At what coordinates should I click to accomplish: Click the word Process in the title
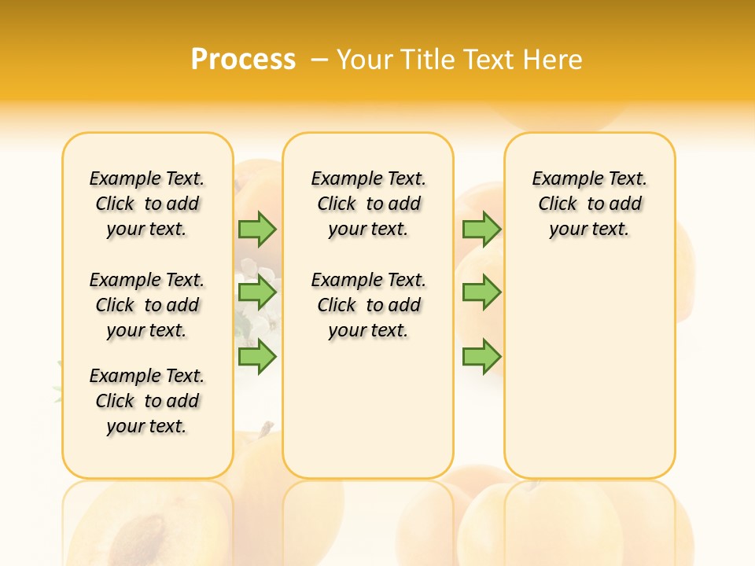tap(243, 59)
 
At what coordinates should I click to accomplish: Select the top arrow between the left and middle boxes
tap(257, 229)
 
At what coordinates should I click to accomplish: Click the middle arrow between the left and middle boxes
tap(257, 292)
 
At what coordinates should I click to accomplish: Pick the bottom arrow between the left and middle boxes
tap(257, 356)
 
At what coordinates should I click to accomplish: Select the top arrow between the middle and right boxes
tap(481, 229)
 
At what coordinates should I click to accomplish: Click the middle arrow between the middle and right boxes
tap(481, 292)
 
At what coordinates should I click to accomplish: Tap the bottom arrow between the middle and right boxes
tap(481, 356)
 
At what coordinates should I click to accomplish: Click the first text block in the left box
tap(147, 204)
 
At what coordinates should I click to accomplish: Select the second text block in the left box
tap(147, 305)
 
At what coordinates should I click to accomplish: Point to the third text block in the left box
tap(147, 401)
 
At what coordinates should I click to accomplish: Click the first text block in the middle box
tap(369, 204)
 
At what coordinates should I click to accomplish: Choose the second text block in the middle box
tap(369, 305)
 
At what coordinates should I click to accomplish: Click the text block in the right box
tap(590, 204)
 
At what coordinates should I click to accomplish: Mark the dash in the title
tap(319, 60)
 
